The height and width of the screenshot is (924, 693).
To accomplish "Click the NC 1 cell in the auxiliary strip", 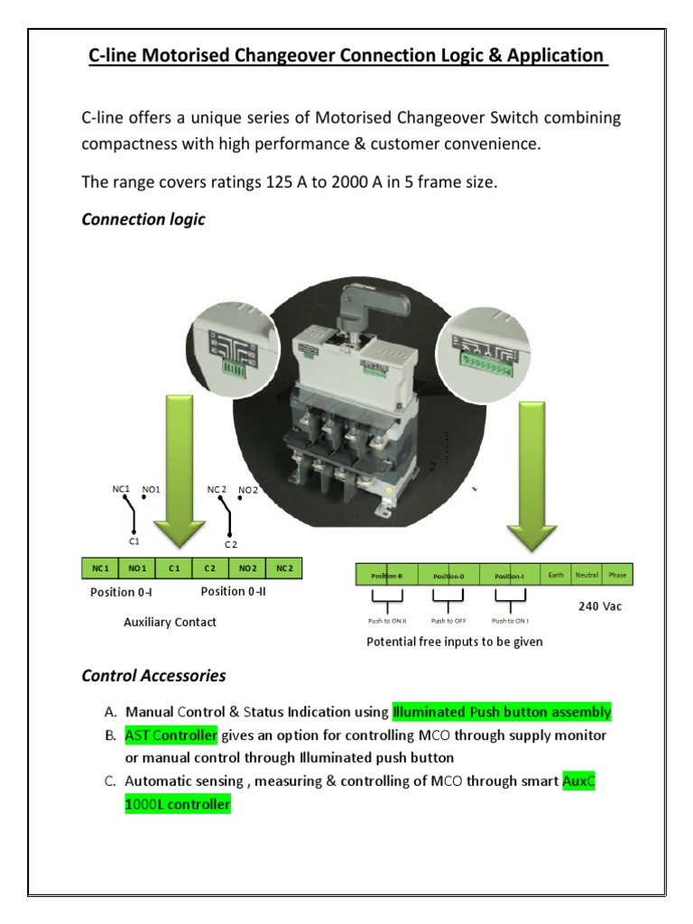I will pos(100,568).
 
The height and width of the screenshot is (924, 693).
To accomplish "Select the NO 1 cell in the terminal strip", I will pos(137,568).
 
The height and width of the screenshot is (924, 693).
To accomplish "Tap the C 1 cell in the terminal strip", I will pos(174,568).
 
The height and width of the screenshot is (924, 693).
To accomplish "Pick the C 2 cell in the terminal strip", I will pos(210,568).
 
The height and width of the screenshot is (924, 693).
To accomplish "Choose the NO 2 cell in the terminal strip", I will pos(247,568).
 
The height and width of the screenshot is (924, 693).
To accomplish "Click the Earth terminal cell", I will pos(556,575).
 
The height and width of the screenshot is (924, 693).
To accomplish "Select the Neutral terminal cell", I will pos(587,575).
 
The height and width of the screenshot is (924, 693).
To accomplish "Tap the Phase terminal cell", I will pos(617,575).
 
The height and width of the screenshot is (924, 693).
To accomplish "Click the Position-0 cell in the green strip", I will pos(448,576).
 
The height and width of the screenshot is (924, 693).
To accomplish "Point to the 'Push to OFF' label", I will pos(448,621).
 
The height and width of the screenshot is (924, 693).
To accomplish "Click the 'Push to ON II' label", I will pos(387,621).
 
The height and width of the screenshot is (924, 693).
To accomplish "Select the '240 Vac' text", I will pos(600,606).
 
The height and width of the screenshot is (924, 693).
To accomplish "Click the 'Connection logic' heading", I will pos(143,219).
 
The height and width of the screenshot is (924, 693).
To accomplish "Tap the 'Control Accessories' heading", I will pos(153,675).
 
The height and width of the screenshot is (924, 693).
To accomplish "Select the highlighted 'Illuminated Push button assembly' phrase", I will pos(502,712).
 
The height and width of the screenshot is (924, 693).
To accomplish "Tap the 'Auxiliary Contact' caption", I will pos(170,622).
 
